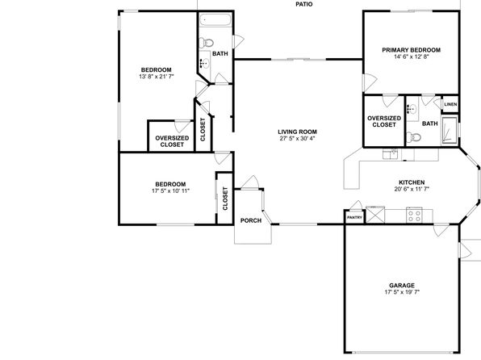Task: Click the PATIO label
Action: coord(304,4)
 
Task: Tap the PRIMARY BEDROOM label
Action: coord(411,50)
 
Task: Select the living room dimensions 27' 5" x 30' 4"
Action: coord(297,138)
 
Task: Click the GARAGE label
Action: coord(402,286)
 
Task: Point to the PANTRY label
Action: coord(354,218)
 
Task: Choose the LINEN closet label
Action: coord(450,104)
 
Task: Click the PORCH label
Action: coord(251,220)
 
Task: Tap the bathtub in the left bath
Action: coord(215,20)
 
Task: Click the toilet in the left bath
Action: coord(206,42)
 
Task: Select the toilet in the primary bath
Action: coord(413,137)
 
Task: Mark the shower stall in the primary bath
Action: coord(449,131)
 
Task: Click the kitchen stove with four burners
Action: coord(414,216)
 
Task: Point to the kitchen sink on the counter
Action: coord(390,154)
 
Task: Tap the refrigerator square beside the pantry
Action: coord(375,215)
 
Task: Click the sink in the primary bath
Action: coord(411,108)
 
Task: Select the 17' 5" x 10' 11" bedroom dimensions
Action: coord(170,190)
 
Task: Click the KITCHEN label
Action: coord(412,182)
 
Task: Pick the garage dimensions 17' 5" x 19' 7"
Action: coord(402,292)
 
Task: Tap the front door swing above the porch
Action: coord(251,182)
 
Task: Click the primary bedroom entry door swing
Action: coord(370,83)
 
